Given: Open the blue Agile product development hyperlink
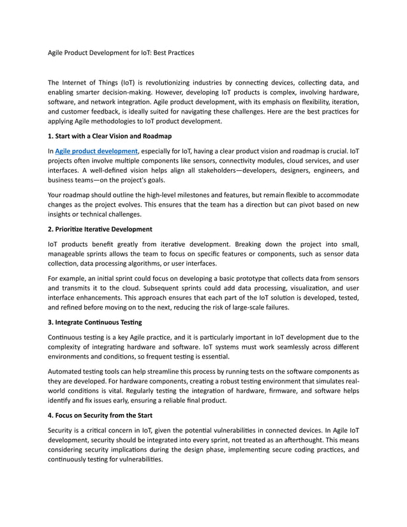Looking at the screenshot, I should coord(92,151).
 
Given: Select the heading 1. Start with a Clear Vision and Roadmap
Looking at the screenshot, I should coord(110,136).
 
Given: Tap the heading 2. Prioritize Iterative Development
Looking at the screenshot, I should coord(100,229).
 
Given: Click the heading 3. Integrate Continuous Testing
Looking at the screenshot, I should coord(94,322).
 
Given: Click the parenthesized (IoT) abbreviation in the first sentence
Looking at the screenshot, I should coord(122,83).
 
